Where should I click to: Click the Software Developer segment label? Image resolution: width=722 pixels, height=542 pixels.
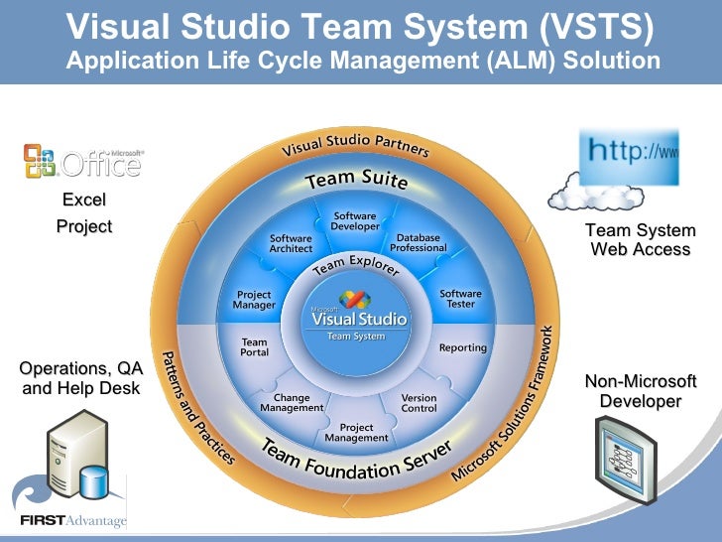pos(355,221)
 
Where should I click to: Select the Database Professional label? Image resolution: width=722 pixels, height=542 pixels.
pos(418,242)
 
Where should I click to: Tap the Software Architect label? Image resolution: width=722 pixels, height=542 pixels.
pos(291,243)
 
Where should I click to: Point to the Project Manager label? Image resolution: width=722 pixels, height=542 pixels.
pos(254,300)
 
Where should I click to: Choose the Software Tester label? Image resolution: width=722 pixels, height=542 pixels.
pos(460,299)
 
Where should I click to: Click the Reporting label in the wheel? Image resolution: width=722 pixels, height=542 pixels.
pos(463,347)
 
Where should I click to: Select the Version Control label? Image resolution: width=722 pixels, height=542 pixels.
pos(419,403)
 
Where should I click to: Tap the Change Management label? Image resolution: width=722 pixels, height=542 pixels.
pos(292,403)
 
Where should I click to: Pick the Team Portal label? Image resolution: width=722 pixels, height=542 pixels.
pos(254,347)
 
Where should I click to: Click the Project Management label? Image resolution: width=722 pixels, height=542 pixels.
pos(356,433)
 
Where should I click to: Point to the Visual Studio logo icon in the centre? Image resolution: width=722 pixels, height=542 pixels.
pos(356,299)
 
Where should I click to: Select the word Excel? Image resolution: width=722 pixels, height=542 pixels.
pos(83,201)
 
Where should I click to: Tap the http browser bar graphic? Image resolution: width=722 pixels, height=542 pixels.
pos(630,156)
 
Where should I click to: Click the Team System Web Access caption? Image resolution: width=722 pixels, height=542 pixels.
pos(641,240)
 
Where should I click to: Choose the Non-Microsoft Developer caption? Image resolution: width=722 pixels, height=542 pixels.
pos(641,391)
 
